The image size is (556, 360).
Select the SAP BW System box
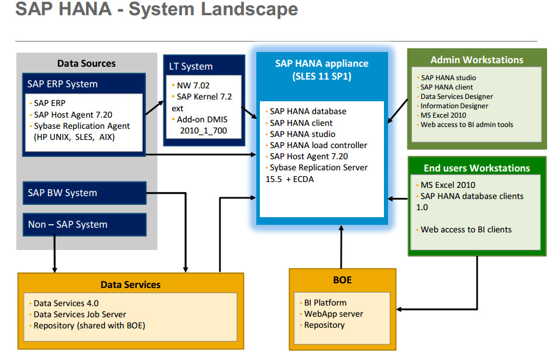coord(84,193)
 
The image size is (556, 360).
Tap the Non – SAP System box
coord(84,224)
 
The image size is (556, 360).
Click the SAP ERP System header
coord(63,84)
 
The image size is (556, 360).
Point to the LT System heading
coord(190,66)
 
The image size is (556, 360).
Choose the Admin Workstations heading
coord(476,60)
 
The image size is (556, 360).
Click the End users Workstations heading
coord(476,168)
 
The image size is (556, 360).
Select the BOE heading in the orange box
coord(342,280)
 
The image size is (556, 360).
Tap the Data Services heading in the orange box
coord(131,284)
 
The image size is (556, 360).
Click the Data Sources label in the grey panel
coord(86,63)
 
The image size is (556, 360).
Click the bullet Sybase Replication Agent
coord(81,126)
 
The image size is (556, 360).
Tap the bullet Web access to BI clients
coord(465,229)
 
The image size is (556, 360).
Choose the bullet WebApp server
coord(333,314)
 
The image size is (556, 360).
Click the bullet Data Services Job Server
coord(80,314)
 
